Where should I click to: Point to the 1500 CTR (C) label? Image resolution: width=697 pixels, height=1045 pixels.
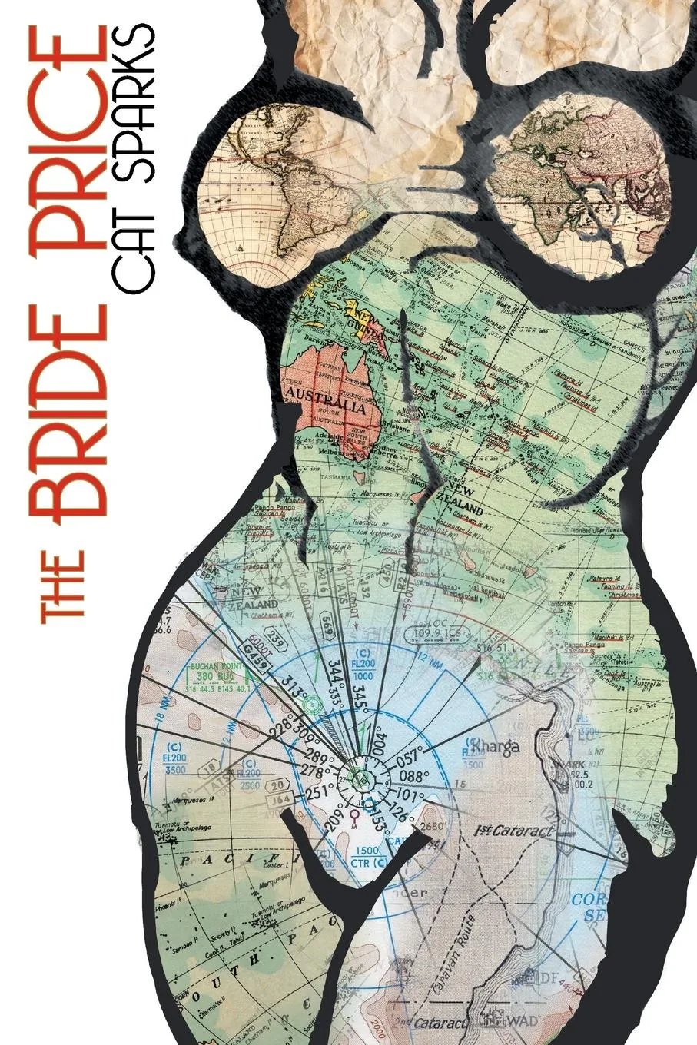pyautogui.click(x=367, y=857)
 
